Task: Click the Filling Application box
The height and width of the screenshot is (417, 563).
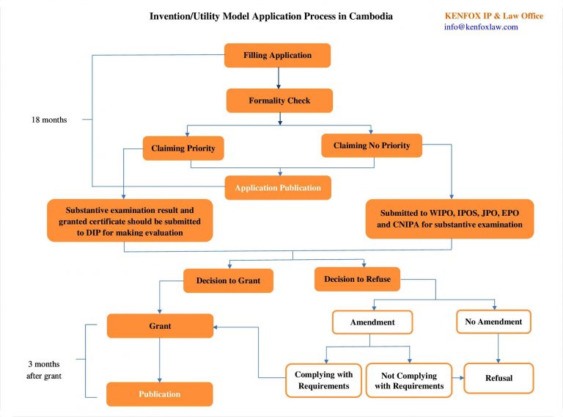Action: point(277,55)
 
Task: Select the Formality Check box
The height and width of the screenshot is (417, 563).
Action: point(279,101)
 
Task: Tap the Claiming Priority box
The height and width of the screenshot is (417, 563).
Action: point(183,148)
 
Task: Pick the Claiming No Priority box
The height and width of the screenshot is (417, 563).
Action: point(372,145)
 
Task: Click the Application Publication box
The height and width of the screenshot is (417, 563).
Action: point(278,188)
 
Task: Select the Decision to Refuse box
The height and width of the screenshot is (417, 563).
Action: point(358,279)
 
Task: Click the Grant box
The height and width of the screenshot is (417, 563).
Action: point(160,325)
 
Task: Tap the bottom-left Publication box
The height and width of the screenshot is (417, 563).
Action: point(160,394)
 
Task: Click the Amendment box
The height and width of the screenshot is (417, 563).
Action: point(372,322)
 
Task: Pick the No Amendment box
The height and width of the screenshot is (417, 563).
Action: point(493,322)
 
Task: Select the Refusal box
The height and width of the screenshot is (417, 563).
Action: point(498,378)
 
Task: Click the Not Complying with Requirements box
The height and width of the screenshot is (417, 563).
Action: point(409,380)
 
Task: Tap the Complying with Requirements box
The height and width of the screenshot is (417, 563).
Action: point(323,380)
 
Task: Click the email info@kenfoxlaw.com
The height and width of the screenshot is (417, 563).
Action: point(481,27)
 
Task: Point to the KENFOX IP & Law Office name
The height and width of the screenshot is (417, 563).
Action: point(493,15)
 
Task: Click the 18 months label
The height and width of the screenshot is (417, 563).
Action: point(49,120)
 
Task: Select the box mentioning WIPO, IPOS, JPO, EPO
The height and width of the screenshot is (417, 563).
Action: point(449,219)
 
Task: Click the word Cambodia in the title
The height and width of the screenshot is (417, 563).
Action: point(369,15)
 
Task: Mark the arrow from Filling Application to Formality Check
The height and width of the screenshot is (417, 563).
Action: point(279,78)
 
